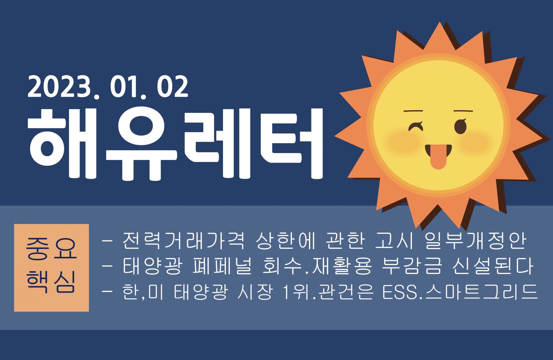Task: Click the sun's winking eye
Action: [x=416, y=127]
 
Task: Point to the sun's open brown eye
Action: [x=460, y=126]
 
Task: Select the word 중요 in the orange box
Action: [x=51, y=248]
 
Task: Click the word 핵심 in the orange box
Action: [x=51, y=282]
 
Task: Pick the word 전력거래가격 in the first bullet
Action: [x=184, y=240]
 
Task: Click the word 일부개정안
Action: [x=476, y=240]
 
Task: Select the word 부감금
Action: [x=412, y=265]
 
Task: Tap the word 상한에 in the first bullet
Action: [x=286, y=240]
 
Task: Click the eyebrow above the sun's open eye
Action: [x=463, y=111]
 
